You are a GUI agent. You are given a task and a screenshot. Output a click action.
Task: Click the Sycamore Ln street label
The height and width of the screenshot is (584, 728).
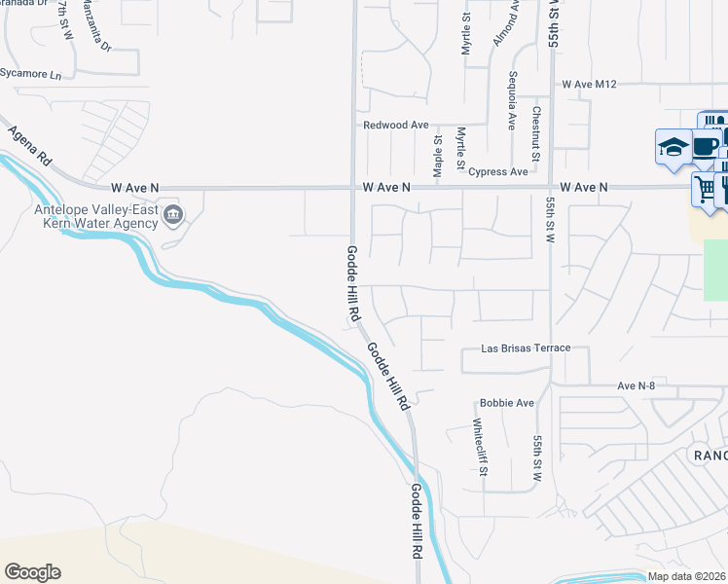pos(30,75)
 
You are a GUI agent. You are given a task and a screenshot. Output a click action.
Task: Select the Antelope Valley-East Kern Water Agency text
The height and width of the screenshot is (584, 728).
pos(95,216)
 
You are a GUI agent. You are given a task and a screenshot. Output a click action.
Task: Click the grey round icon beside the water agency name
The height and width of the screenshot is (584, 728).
pos(173,214)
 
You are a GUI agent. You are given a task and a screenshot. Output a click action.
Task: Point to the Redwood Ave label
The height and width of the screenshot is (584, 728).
pos(395,126)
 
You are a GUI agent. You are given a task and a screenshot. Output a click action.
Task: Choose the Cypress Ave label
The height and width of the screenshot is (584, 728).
pos(497,171)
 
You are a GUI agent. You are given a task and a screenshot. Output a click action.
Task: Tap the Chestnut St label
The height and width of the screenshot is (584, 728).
pos(535,129)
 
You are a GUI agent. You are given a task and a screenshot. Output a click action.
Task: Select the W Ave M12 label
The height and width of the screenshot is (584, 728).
pos(590,85)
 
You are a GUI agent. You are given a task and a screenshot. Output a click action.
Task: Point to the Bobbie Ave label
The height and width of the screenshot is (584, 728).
pos(507,403)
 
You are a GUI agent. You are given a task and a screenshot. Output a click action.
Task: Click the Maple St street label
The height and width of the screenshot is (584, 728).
pos(439,151)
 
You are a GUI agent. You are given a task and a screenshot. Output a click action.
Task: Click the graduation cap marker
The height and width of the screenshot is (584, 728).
pos(673,148)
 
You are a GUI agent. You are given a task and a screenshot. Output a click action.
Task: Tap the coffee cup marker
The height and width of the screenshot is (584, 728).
pos(706,147)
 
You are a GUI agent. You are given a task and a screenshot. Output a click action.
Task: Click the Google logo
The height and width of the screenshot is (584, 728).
pos(32,572)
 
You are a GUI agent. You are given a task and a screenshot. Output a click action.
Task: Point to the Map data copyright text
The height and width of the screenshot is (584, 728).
pos(687,576)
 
